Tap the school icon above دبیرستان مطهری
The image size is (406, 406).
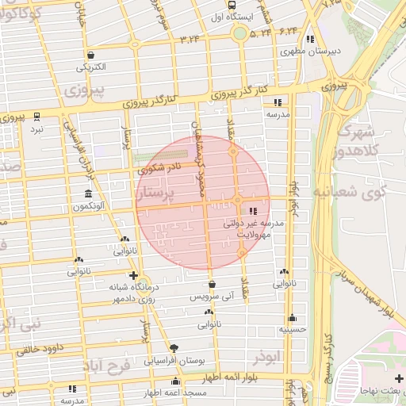(310, 38)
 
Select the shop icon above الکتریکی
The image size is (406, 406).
(92, 55)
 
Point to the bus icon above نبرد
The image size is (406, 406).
(36, 116)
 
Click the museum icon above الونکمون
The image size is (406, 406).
(87, 194)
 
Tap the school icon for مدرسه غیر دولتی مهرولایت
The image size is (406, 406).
(253, 211)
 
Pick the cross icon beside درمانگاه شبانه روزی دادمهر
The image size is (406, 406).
(133, 275)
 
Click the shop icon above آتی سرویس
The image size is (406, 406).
(212, 284)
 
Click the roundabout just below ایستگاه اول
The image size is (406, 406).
(239, 33)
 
